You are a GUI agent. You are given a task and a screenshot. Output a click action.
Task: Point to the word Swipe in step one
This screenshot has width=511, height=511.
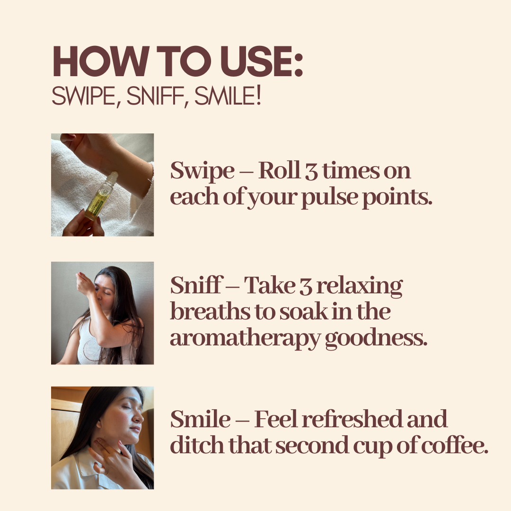pos(202,171)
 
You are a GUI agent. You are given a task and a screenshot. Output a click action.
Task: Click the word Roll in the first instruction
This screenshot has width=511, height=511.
pos(279,170)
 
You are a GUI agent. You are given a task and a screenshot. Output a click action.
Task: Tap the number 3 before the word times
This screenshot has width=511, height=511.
pos(311,171)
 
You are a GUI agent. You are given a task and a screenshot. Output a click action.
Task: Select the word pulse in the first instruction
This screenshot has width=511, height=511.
pos(329,198)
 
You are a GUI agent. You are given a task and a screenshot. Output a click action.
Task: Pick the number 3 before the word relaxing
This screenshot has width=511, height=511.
pos(306,287)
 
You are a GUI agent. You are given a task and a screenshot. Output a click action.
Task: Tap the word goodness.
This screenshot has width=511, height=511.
pos(376,339)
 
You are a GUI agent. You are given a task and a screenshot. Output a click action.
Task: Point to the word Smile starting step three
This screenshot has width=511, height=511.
pos(200,419)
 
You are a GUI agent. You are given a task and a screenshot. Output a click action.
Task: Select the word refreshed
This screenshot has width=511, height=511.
pos(352,419)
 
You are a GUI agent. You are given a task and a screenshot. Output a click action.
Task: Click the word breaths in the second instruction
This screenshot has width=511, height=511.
pos(210,311)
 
